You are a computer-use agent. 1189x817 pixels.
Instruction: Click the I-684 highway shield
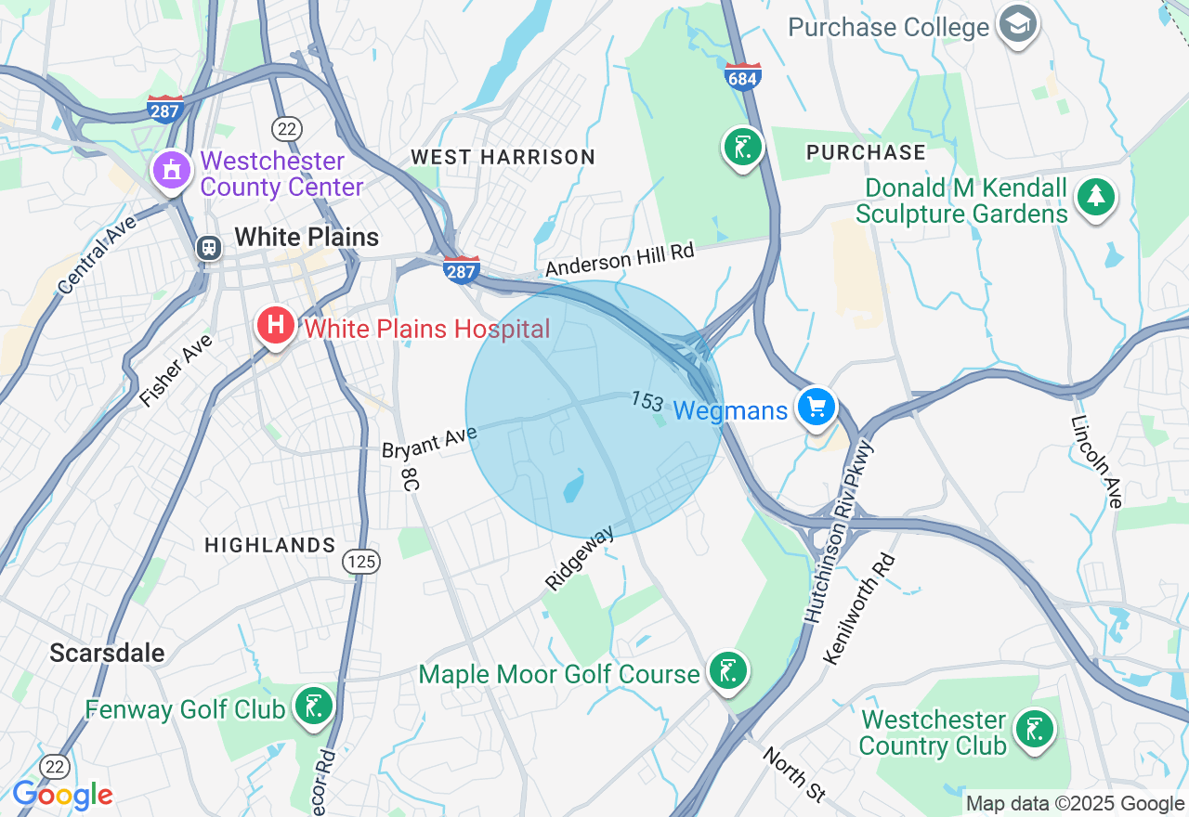(x=742, y=77)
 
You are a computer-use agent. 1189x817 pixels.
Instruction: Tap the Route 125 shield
(x=360, y=561)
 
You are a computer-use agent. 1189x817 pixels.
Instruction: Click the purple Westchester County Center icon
(x=172, y=171)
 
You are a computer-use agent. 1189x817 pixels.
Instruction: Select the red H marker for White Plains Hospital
(x=276, y=326)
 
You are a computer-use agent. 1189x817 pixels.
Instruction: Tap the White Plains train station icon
(x=209, y=247)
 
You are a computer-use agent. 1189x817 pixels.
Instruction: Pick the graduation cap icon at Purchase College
(x=1018, y=25)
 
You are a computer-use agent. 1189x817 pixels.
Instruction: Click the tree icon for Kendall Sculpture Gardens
(x=1096, y=197)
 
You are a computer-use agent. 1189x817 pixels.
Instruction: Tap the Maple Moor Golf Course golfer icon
(x=726, y=670)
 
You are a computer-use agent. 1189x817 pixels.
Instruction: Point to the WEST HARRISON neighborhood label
(x=503, y=157)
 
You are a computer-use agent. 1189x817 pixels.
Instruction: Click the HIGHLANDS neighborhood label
(x=269, y=545)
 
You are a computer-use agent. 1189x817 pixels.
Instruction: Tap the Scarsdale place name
(x=107, y=653)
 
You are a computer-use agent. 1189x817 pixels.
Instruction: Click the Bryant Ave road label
(x=429, y=441)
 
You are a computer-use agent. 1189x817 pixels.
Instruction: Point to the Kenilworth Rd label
(x=859, y=609)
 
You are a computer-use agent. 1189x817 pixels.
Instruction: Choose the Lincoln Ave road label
(x=1097, y=461)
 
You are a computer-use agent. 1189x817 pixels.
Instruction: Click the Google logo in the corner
(x=62, y=795)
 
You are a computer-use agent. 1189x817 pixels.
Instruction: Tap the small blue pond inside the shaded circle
(x=573, y=486)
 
